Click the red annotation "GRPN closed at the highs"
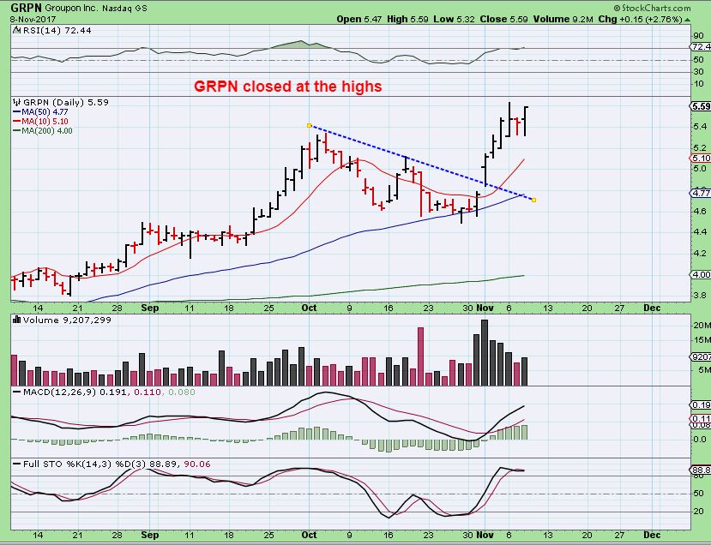pos(287,87)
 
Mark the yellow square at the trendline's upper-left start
pos(309,125)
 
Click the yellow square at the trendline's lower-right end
pos(534,201)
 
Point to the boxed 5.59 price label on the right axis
pos(698,106)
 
